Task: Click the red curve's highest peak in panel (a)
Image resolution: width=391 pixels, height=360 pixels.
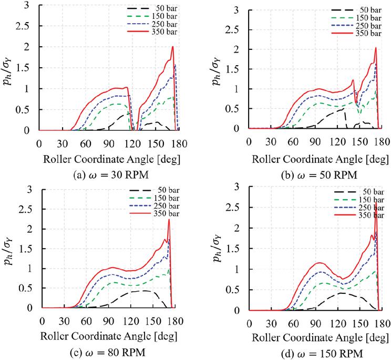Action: (x=172, y=47)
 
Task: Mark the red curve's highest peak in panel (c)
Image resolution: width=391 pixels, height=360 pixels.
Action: (x=169, y=220)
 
